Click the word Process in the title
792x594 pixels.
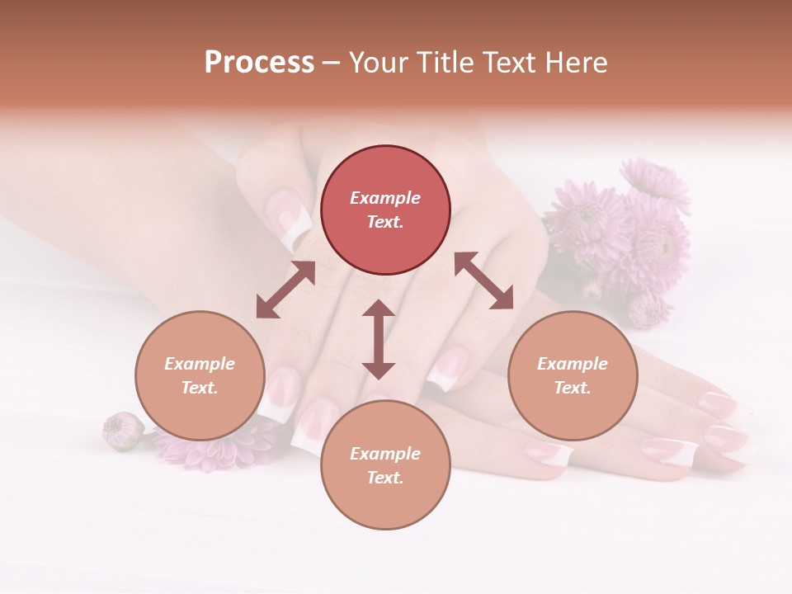click(259, 63)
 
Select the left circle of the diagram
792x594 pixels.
click(200, 375)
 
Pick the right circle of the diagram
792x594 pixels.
click(573, 375)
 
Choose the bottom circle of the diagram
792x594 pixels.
click(385, 465)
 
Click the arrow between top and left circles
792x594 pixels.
click(285, 290)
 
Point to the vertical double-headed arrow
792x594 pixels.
click(379, 339)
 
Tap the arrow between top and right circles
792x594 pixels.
click(483, 280)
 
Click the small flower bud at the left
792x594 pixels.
click(122, 431)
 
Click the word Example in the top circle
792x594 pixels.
click(385, 198)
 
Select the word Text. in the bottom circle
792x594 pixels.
click(385, 478)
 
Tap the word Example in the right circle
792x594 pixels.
click(573, 364)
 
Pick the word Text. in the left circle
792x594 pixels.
click(200, 388)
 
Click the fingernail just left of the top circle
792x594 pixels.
click(293, 219)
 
